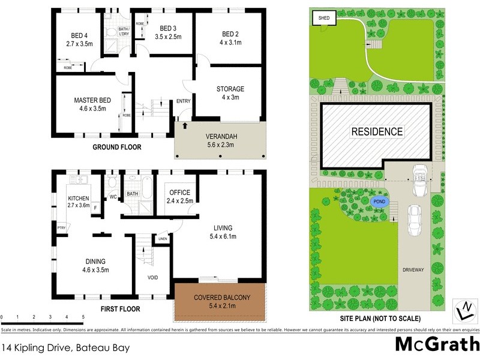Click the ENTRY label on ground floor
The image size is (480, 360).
click(x=183, y=101)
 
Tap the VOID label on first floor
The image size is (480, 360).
click(x=154, y=277)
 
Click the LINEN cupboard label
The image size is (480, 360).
click(x=163, y=239)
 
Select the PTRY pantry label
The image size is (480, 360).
click(x=61, y=227)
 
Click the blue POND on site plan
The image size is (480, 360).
click(x=379, y=202)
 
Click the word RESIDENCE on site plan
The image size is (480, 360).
click(x=377, y=131)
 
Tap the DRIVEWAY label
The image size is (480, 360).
click(x=413, y=270)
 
